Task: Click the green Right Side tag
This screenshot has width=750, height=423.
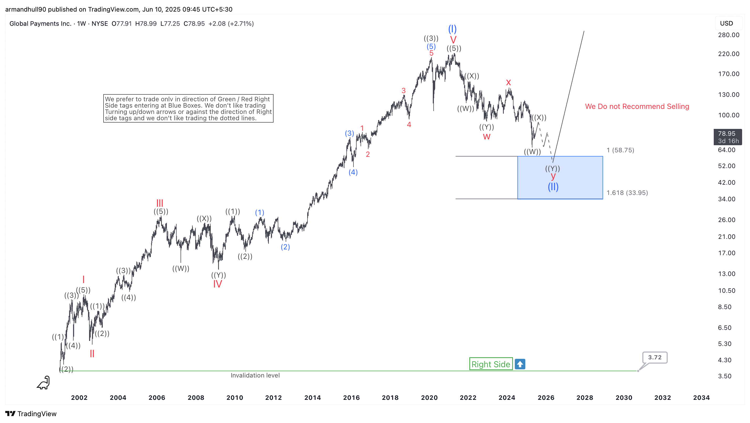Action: [x=491, y=364]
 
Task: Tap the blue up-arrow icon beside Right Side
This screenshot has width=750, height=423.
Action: [x=520, y=364]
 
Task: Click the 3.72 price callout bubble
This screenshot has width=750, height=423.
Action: [x=655, y=357]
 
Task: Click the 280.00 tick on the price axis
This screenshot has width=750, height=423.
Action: [x=728, y=35]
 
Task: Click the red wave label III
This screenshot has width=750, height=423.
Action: [x=160, y=203]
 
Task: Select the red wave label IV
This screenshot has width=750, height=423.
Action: [x=218, y=284]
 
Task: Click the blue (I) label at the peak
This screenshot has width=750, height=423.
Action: [x=452, y=29]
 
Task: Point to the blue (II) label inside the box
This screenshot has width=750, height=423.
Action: [x=553, y=187]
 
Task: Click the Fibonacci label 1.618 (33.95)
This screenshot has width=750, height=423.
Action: [x=627, y=193]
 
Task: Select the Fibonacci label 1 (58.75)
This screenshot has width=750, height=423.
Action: [x=620, y=150]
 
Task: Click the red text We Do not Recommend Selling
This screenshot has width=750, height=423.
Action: [x=637, y=106]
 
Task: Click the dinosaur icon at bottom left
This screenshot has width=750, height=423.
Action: [x=43, y=382]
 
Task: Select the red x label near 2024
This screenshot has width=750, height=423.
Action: [x=508, y=83]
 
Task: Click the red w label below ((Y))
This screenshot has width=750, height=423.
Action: [x=486, y=137]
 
